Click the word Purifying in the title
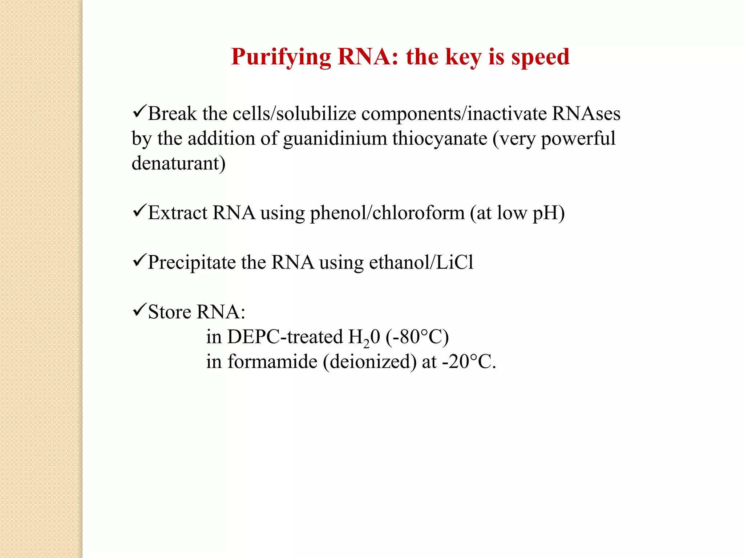pyautogui.click(x=281, y=57)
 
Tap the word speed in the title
pyautogui.click(x=540, y=57)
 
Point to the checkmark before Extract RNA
pyautogui.click(x=139, y=210)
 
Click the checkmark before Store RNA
pyautogui.click(x=139, y=310)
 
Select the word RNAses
pyautogui.click(x=586, y=114)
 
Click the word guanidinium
pyautogui.click(x=335, y=139)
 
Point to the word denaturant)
pyautogui.click(x=178, y=163)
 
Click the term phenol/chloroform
pyautogui.click(x=387, y=213)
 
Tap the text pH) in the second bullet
pyautogui.click(x=549, y=213)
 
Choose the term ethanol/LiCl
pyautogui.click(x=421, y=263)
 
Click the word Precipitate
pyautogui.click(x=192, y=263)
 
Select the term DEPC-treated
pyautogui.click(x=285, y=337)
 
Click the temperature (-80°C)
pyautogui.click(x=417, y=337)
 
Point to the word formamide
pyautogui.click(x=272, y=362)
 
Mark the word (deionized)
pyautogui.click(x=370, y=362)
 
